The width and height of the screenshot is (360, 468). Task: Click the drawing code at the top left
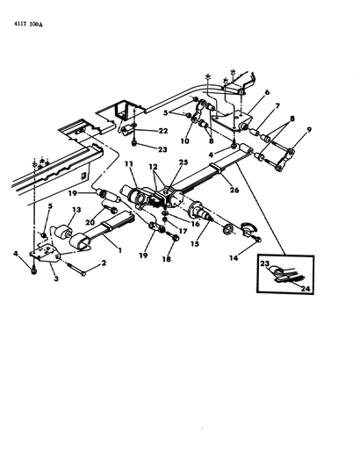28,25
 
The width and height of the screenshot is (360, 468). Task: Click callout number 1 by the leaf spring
119,250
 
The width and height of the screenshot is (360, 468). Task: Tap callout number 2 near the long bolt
104,263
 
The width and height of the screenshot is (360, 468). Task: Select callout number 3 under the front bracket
56,278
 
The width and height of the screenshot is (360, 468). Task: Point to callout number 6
267,92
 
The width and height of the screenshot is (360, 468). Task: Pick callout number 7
277,106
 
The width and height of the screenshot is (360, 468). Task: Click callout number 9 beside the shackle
309,130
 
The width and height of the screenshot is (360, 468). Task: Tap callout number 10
185,140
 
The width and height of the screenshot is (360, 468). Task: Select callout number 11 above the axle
129,164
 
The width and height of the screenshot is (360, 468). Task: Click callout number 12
154,167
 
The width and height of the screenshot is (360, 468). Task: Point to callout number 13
76,210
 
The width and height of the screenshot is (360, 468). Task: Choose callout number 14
234,258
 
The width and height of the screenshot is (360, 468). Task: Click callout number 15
195,244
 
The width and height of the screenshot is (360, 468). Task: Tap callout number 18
167,259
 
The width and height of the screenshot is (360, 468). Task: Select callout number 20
90,222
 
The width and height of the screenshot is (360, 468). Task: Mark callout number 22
163,131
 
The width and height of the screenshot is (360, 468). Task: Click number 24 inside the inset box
306,288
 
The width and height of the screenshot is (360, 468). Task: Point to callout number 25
184,162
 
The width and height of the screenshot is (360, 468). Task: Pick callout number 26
234,190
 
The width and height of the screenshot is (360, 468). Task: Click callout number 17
183,231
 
